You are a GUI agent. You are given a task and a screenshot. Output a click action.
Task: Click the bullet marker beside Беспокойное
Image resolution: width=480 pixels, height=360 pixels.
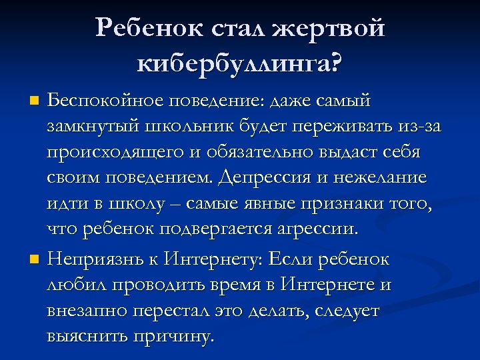coord(35,102)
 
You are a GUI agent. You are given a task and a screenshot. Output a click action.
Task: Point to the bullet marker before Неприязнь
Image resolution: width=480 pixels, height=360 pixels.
coord(35,259)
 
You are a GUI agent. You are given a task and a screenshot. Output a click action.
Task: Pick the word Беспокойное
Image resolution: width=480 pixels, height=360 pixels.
coord(103,101)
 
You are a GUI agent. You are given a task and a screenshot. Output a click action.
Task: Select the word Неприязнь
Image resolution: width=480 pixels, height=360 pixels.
coord(101,259)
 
